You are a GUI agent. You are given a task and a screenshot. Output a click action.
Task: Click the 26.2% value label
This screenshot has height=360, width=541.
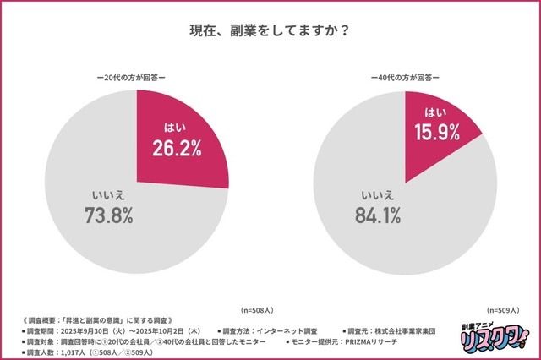[x=176, y=150]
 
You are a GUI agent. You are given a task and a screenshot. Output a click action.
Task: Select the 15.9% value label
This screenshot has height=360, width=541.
[x=435, y=133]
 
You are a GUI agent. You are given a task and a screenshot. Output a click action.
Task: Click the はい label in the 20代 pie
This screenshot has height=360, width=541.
[x=175, y=128]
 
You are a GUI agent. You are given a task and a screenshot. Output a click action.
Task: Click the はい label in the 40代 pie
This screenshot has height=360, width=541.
[x=434, y=112]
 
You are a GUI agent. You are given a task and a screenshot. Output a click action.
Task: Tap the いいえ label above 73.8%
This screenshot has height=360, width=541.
[x=108, y=194]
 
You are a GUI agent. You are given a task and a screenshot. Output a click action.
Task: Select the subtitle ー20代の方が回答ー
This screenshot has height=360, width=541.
[x=136, y=77]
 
